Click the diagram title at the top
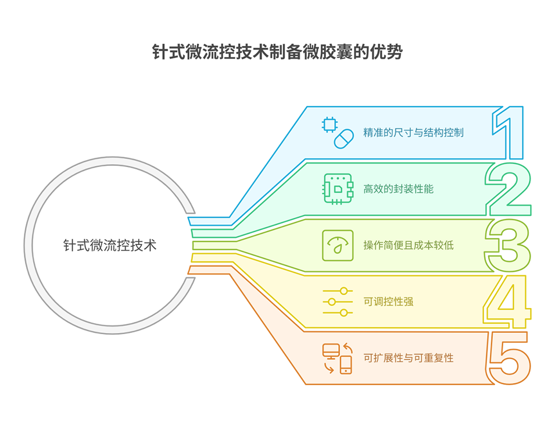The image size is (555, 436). pyautogui.click(x=277, y=52)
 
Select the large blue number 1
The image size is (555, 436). pyautogui.click(x=508, y=133)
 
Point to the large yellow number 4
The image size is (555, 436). pyautogui.click(x=507, y=302)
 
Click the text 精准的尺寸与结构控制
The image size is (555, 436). pyautogui.click(x=413, y=133)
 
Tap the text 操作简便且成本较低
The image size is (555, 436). pyautogui.click(x=409, y=245)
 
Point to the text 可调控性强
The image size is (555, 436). pyautogui.click(x=388, y=302)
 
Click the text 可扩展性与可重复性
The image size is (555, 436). pyautogui.click(x=409, y=357)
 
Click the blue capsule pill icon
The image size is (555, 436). pyautogui.click(x=343, y=139)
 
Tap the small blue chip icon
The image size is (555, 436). pyautogui.click(x=330, y=124)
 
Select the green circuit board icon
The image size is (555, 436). pyautogui.click(x=338, y=189)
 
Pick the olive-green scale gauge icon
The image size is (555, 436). pyautogui.click(x=338, y=245)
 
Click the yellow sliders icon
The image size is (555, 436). pyautogui.click(x=338, y=302)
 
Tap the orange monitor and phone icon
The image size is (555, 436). pyautogui.click(x=338, y=358)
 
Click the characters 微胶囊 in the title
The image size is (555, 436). pyautogui.click(x=319, y=52)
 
